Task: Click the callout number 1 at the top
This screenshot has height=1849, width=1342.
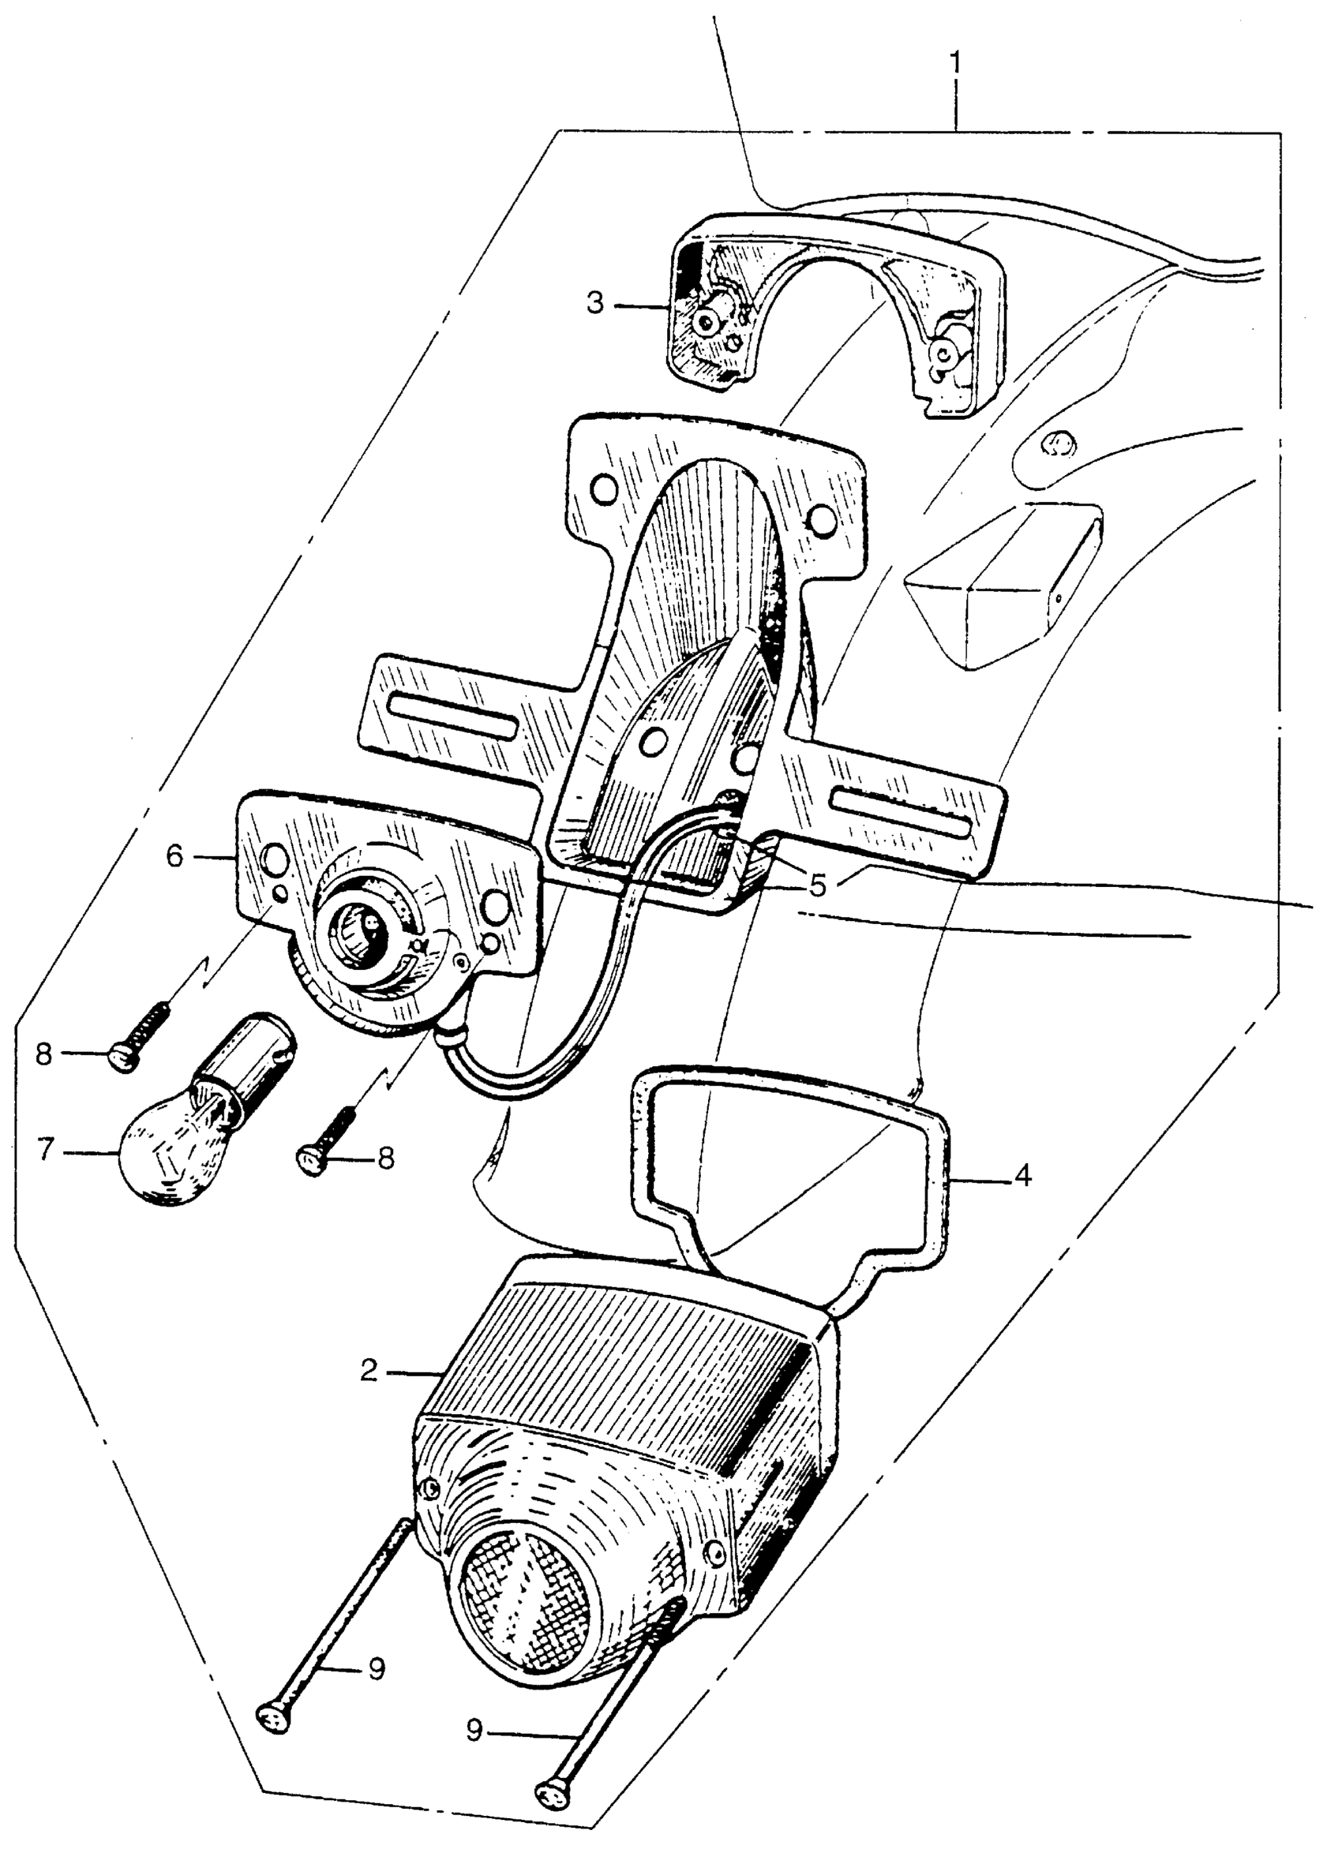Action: tap(955, 62)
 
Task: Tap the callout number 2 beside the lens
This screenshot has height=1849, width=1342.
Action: tap(369, 1372)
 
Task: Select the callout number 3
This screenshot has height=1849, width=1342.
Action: tap(596, 304)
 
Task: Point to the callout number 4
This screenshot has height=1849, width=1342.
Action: tap(1021, 1176)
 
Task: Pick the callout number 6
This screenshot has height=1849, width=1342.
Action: tap(176, 857)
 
